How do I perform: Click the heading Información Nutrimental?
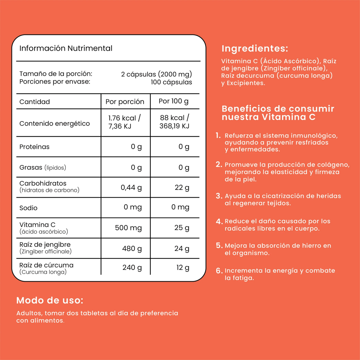66,48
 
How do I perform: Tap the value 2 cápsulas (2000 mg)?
156,74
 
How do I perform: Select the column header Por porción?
125,102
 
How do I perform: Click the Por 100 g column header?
173,101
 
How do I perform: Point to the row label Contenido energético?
55,123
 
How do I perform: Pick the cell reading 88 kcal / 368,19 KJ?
174,122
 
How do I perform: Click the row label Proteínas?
34,147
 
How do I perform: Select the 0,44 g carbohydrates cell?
131,187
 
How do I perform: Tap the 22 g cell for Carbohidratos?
182,187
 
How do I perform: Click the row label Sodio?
28,208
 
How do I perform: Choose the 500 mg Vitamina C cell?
128,228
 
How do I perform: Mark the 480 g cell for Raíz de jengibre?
132,248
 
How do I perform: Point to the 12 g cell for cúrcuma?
183,268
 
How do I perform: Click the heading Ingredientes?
255,49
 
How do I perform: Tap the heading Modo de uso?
50,300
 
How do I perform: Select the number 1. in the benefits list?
218,136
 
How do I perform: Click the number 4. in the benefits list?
219,221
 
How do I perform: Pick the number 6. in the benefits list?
219,271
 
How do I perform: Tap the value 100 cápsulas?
171,82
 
